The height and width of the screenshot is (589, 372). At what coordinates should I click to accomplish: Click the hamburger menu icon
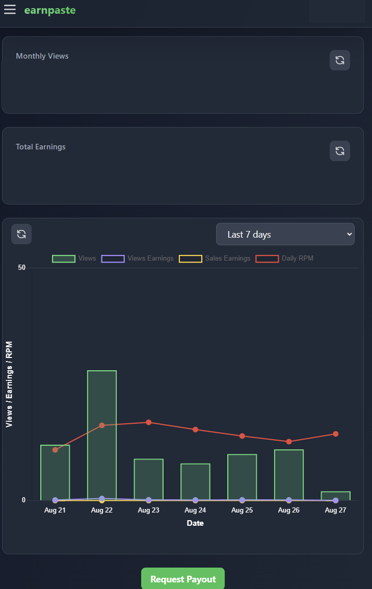10,10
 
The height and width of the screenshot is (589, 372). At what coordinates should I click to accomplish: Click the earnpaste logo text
50,10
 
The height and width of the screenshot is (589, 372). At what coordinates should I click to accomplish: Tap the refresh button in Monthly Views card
339,60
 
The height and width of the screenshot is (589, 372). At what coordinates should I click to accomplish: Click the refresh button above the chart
21,234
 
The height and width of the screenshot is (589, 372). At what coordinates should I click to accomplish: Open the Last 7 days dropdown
285,234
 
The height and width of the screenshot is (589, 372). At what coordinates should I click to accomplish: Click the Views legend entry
74,259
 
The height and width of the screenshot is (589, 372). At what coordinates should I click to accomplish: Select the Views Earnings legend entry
138,259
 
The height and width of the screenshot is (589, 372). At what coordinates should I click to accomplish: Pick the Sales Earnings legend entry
215,259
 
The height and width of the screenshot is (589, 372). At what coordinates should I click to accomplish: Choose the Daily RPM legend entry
285,259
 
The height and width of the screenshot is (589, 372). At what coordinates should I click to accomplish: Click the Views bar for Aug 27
335,496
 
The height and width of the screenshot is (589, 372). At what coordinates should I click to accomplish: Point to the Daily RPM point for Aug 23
148,422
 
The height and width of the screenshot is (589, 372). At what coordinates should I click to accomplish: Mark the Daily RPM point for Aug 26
289,442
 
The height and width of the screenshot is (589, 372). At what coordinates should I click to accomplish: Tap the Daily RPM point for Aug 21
55,450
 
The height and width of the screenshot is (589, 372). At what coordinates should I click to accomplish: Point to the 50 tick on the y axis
22,268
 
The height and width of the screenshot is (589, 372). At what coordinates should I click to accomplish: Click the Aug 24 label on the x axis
195,510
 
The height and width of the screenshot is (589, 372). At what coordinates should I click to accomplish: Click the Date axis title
195,523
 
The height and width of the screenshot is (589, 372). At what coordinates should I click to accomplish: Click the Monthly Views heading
42,56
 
